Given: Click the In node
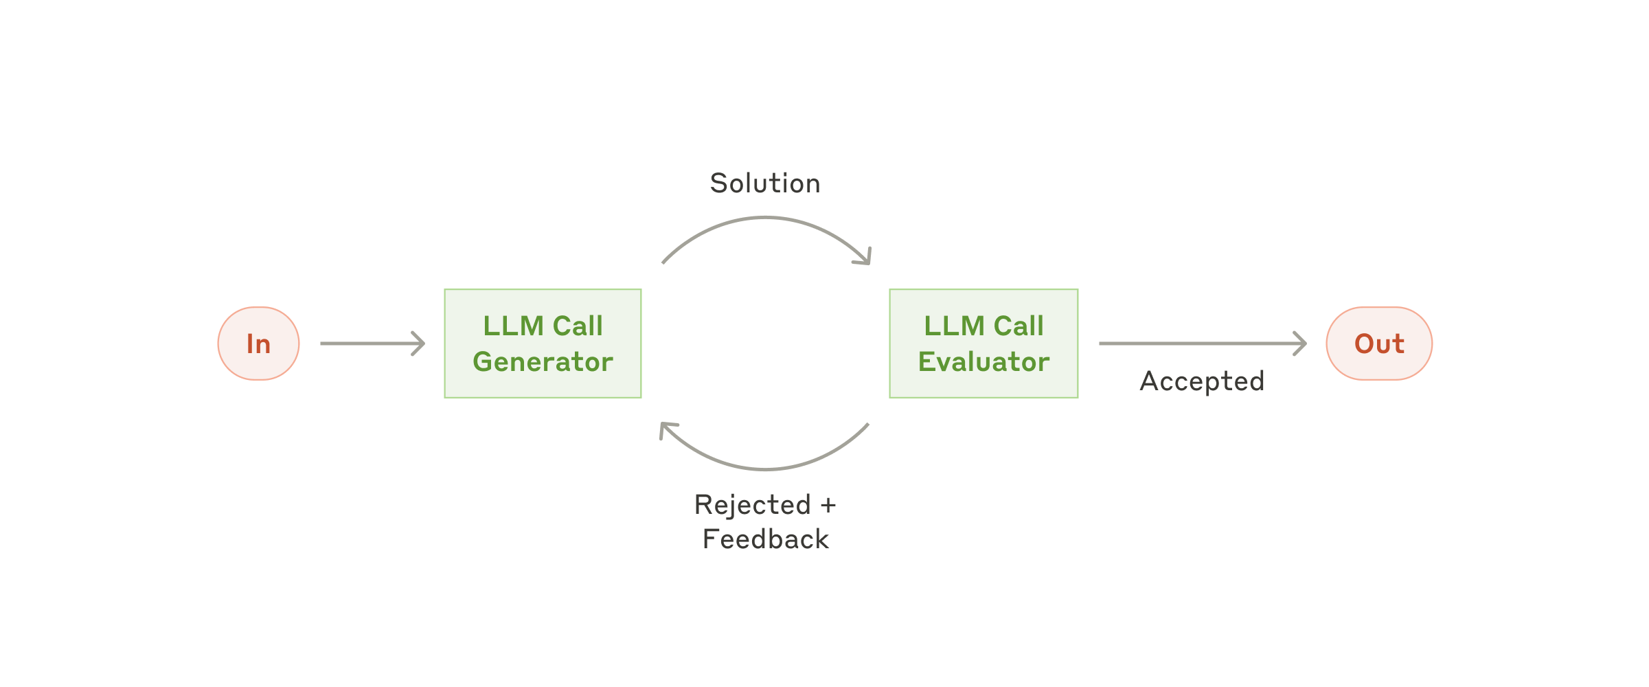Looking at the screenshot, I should coord(258,343).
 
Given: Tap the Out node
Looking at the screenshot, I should coord(1378,343).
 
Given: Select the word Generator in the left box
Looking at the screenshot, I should coord(543,362).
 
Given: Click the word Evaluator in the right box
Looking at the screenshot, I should coord(983,362).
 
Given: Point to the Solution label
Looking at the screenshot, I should coord(765,183).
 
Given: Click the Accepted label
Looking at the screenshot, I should coord(1202,381).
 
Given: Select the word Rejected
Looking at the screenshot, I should coord(753,505).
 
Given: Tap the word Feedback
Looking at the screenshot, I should coord(766,539).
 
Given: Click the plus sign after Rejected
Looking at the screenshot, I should coord(828,506).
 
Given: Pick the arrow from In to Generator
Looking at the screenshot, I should coord(371,343).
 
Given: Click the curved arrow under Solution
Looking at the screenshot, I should coord(765,218).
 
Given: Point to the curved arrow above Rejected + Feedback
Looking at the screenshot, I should coord(765,469).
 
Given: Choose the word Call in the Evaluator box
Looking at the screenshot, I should coord(1019,326).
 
